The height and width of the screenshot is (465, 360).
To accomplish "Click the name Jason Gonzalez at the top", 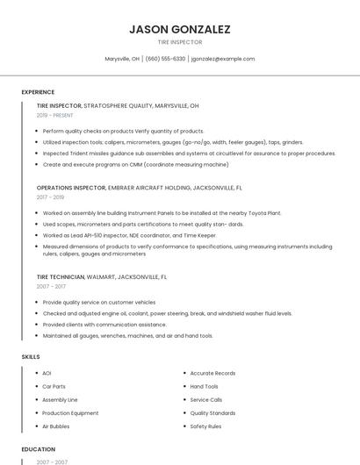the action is pyautogui.click(x=180, y=29).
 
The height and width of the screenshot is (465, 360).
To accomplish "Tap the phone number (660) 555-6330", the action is pyautogui.click(x=166, y=59).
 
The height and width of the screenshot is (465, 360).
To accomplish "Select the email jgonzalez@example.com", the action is pyautogui.click(x=223, y=59).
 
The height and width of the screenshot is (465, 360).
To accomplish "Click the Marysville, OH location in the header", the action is pyautogui.click(x=122, y=59).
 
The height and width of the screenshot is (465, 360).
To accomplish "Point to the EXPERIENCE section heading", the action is pyautogui.click(x=38, y=91).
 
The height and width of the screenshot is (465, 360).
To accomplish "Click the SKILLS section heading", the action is pyautogui.click(x=31, y=356).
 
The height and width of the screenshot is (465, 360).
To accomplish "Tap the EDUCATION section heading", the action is pyautogui.click(x=38, y=449).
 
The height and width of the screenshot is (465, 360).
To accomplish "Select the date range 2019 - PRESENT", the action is pyautogui.click(x=55, y=115).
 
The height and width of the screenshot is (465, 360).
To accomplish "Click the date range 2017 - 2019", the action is pyautogui.click(x=50, y=197).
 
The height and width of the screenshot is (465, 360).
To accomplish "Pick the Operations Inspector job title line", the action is pyautogui.click(x=140, y=188).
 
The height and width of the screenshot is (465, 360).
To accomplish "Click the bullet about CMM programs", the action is pyautogui.click(x=135, y=164).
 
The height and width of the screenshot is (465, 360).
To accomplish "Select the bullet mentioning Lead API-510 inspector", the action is pyautogui.click(x=129, y=235).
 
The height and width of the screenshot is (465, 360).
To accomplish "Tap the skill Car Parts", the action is pyautogui.click(x=54, y=386).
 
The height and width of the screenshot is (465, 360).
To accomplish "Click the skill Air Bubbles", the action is pyautogui.click(x=55, y=426).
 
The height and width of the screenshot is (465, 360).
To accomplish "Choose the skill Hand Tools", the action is pyautogui.click(x=205, y=386).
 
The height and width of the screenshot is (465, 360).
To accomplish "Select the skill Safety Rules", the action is pyautogui.click(x=205, y=426).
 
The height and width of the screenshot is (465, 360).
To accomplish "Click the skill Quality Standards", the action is pyautogui.click(x=212, y=412).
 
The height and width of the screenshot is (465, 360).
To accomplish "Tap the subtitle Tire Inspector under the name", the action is pyautogui.click(x=180, y=42).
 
